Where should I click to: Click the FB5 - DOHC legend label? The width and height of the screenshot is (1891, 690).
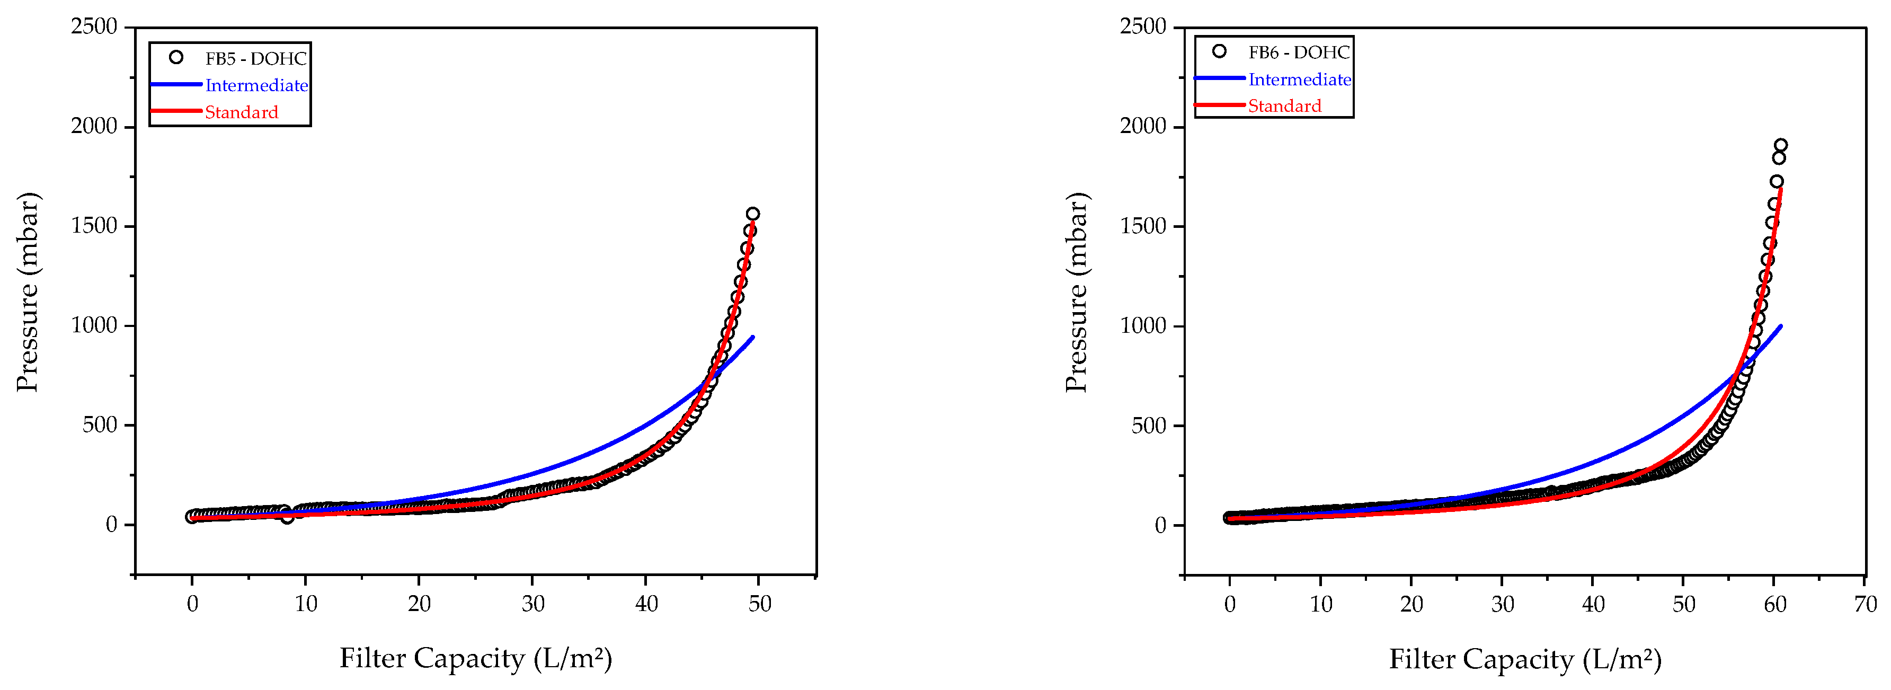pyautogui.click(x=255, y=59)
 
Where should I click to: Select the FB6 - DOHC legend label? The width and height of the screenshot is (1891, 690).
pyautogui.click(x=1299, y=52)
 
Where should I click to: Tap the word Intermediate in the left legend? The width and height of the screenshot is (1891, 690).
pyautogui.click(x=256, y=85)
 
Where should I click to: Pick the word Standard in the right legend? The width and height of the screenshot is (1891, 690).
pyautogui.click(x=1285, y=105)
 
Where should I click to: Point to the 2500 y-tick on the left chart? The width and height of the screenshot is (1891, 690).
pyautogui.click(x=94, y=26)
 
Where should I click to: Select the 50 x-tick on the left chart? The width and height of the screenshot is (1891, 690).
pyautogui.click(x=760, y=604)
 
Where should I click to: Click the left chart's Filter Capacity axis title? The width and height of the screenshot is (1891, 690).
pyautogui.click(x=476, y=658)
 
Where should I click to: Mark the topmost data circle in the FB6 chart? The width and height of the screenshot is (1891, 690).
pyautogui.click(x=1780, y=145)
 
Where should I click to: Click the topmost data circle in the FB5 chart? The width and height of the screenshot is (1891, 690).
pyautogui.click(x=752, y=214)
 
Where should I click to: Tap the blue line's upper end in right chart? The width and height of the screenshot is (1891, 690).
pyautogui.click(x=1781, y=326)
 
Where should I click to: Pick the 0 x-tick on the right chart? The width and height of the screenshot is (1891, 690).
pyautogui.click(x=1230, y=604)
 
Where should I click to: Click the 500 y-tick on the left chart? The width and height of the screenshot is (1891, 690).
pyautogui.click(x=100, y=425)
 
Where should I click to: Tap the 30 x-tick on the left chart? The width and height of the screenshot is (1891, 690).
pyautogui.click(x=533, y=604)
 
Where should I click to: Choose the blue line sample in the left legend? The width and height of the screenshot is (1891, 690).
pyautogui.click(x=176, y=84)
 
